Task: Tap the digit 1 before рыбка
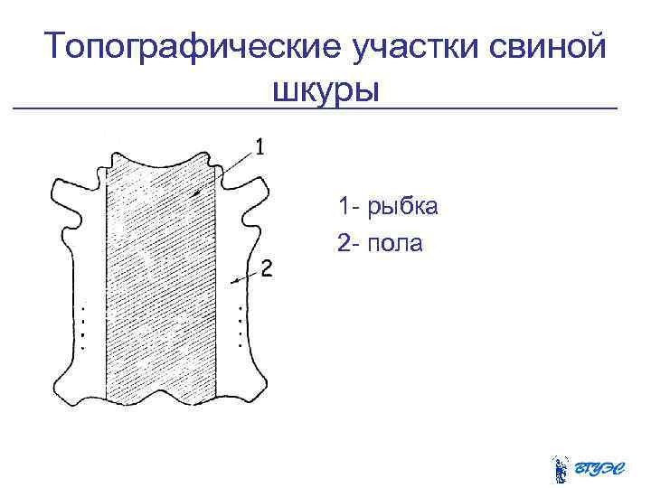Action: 344,207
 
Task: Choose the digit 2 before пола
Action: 344,243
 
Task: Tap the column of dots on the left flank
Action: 83,327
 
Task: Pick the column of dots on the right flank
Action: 240,326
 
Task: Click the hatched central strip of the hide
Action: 163,280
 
